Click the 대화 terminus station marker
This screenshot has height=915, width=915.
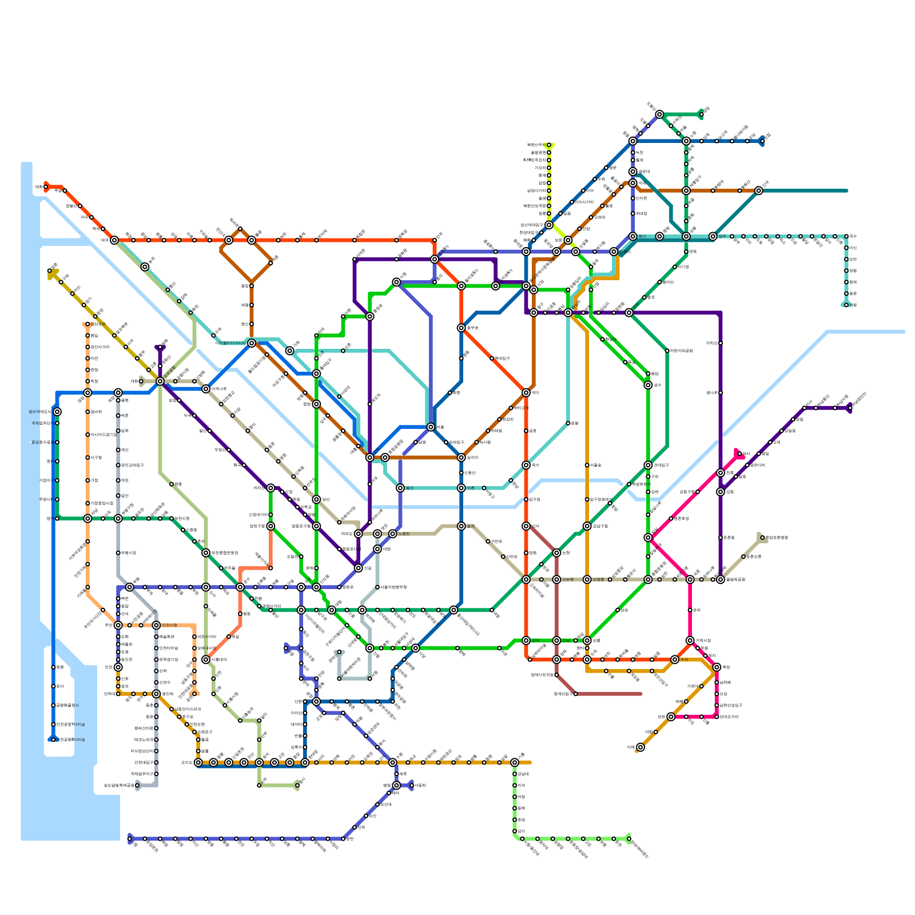[46, 186]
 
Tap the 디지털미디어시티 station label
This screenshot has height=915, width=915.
[230, 343]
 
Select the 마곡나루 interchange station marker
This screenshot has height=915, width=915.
[206, 389]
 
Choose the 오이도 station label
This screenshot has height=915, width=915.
[187, 762]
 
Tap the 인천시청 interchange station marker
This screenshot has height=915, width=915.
[156, 625]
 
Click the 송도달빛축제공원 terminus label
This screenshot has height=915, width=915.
[119, 785]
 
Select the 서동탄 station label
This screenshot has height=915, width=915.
[419, 785]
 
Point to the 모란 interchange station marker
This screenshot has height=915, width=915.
[671, 717]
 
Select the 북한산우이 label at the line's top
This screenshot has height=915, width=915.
[537, 145]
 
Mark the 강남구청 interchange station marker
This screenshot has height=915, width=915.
[587, 526]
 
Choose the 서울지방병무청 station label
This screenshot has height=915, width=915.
[394, 587]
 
